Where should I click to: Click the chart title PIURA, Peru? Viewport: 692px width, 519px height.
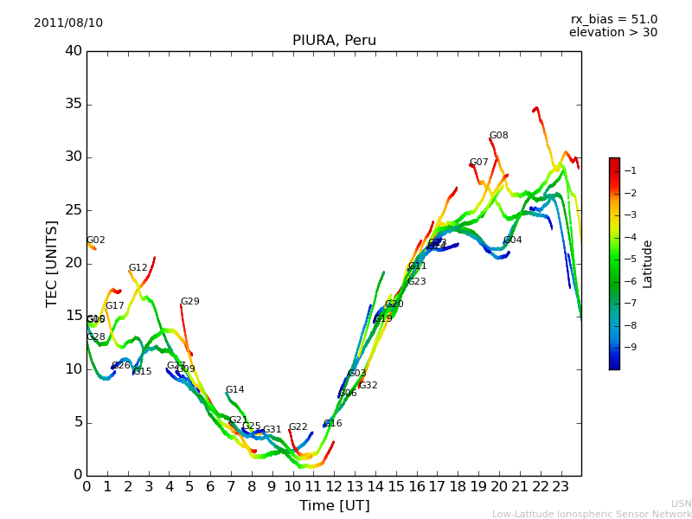334,41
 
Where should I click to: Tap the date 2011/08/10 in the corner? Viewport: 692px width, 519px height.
68,22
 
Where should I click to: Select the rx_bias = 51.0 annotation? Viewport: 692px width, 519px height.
613,19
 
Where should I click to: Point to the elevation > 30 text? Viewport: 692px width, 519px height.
612,33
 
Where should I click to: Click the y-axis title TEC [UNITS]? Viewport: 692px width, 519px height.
52,263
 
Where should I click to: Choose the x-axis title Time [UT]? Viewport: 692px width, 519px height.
334,506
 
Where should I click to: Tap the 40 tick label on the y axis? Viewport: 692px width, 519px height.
73,51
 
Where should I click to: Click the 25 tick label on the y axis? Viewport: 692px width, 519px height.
73,210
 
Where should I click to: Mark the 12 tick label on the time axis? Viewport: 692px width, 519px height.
334,486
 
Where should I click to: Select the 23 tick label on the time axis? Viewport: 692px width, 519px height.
561,486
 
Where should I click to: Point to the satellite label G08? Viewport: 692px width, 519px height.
499,136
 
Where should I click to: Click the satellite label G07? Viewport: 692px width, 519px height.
479,163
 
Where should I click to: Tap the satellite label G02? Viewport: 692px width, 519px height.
96,240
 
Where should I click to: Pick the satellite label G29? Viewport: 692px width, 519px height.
190,302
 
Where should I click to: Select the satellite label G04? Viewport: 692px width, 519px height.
513,240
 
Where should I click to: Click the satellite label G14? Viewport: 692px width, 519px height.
235,390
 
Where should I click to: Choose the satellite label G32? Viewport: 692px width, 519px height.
368,386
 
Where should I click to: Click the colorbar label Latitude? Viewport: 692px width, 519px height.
648,264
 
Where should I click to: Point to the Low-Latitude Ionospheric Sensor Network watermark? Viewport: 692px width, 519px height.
592,514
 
